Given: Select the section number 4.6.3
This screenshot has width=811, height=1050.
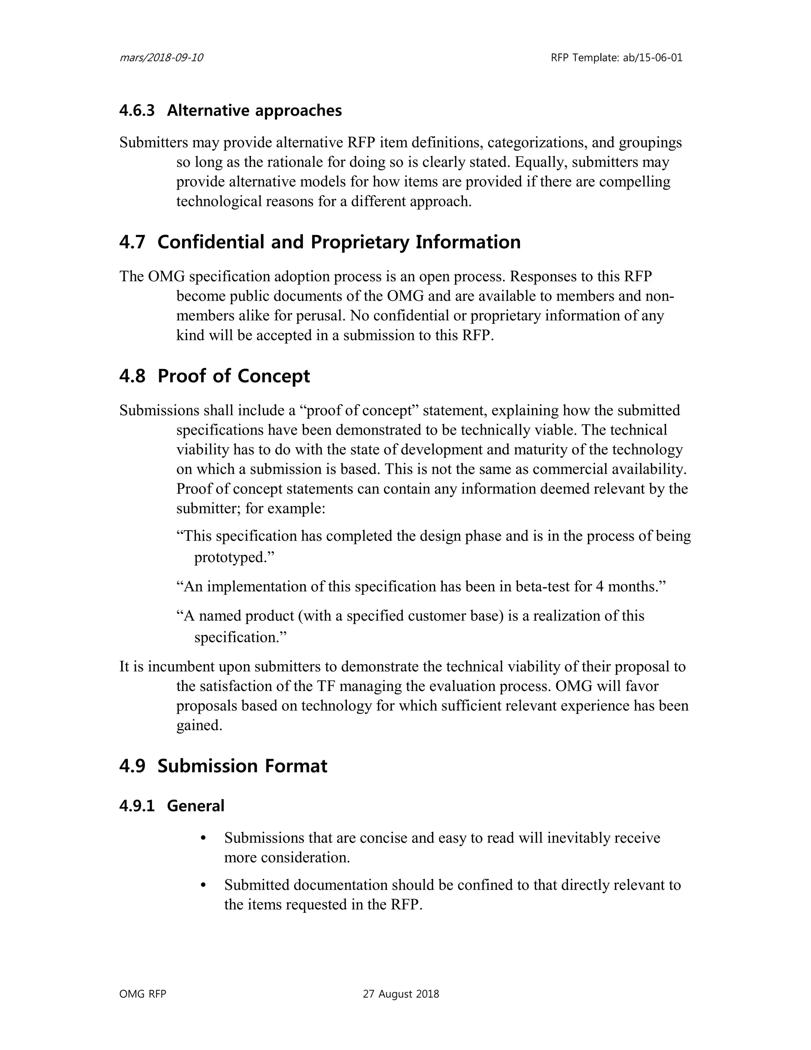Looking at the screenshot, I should click(137, 111).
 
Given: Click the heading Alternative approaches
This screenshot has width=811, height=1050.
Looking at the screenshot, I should click(254, 111).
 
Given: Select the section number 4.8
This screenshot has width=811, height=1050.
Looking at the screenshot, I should click(132, 376).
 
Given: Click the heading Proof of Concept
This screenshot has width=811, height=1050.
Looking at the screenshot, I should click(234, 376).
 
